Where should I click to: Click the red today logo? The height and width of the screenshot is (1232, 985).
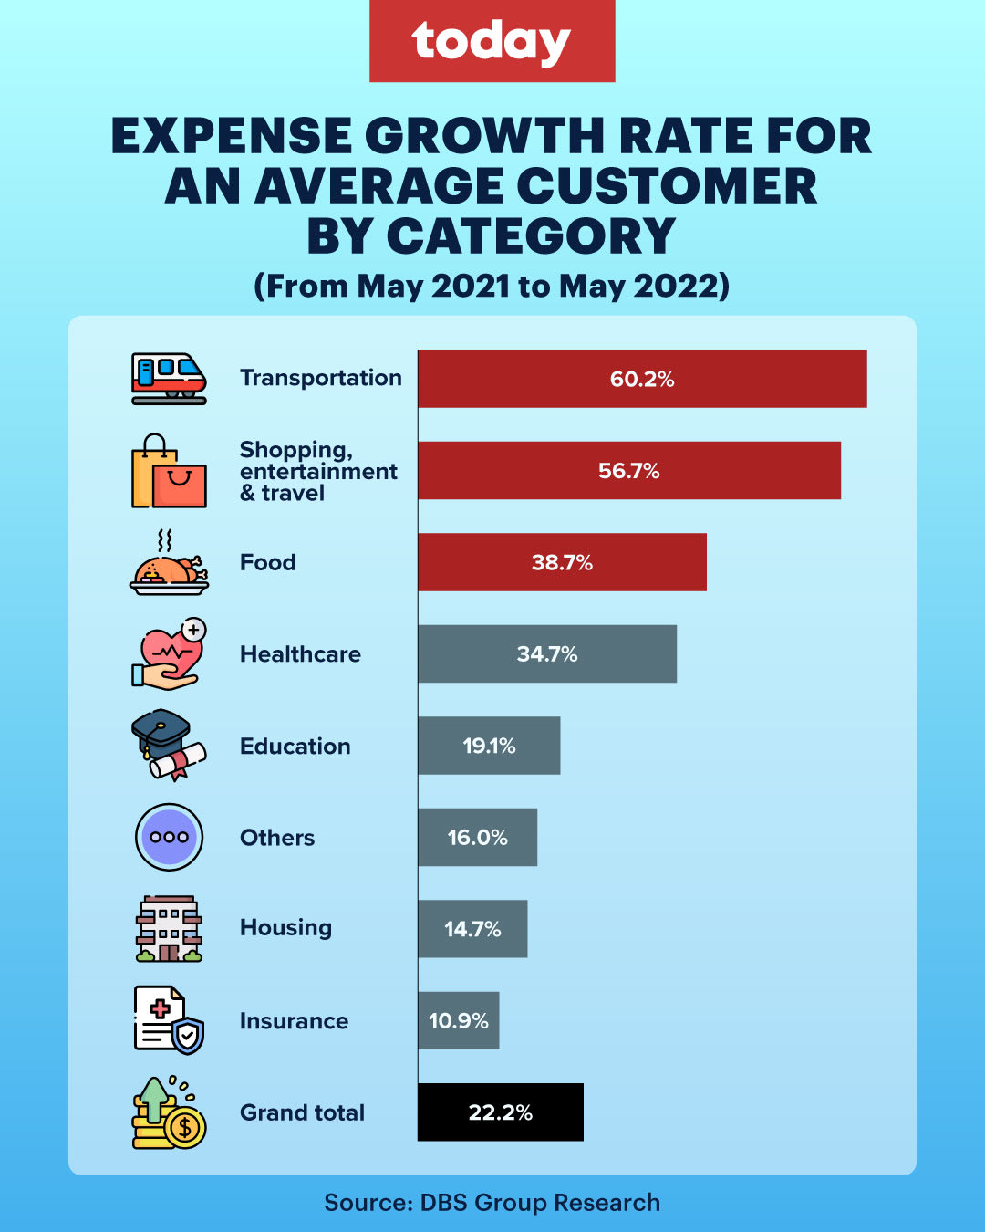coord(492,41)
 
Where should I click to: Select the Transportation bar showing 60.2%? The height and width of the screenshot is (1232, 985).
coord(642,379)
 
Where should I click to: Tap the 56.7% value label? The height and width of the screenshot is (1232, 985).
coord(628,471)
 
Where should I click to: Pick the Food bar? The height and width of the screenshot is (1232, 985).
coord(562,562)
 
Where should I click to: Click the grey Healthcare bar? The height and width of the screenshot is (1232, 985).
coord(547,654)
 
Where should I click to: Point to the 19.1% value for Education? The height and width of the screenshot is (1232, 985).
coord(489,747)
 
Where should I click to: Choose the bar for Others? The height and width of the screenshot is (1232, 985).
coord(477,838)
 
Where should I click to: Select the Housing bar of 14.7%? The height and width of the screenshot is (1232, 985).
coord(472,929)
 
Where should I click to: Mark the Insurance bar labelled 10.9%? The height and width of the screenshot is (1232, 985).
coord(458,1021)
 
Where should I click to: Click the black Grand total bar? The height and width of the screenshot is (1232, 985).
coord(500,1112)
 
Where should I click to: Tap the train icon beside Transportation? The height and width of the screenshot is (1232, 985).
coord(169,379)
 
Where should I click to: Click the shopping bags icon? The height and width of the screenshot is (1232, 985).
coord(169,472)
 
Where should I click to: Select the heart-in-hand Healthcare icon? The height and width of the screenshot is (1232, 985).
coord(169,654)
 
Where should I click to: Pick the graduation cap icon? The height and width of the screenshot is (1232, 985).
coord(169,745)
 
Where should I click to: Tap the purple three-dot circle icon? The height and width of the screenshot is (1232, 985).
coord(169,837)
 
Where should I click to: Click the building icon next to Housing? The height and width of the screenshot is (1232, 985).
coord(169,929)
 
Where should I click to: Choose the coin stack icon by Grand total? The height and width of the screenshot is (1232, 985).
coord(169,1113)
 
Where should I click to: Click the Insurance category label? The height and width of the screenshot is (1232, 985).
coord(294,1021)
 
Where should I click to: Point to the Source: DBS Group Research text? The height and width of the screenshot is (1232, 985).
coord(492,1203)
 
